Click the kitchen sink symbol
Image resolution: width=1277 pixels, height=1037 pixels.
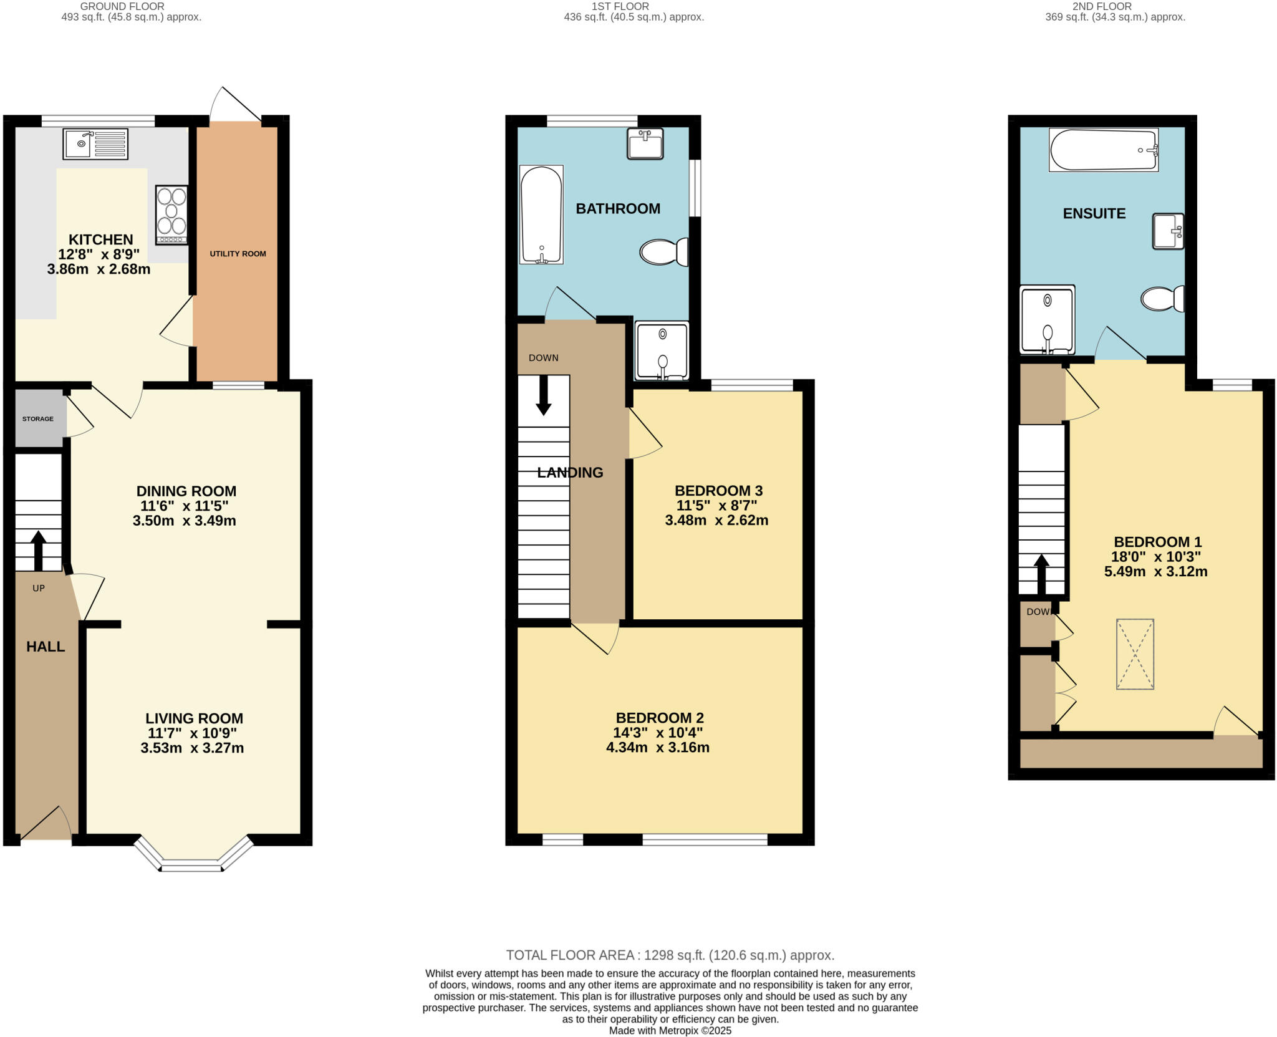(x=95, y=144)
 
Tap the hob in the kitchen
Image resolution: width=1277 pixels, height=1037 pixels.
(x=171, y=215)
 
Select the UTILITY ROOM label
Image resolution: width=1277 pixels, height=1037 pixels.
(x=238, y=254)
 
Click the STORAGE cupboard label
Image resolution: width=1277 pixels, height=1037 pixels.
(x=38, y=419)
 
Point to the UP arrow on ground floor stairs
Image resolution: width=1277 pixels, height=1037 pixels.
(x=39, y=549)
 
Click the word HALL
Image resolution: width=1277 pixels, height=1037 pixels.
(x=46, y=647)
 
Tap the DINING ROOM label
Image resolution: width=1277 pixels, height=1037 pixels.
(x=186, y=491)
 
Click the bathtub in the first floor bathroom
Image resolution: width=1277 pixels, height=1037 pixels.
(x=541, y=215)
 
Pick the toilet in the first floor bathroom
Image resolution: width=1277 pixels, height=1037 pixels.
(x=663, y=253)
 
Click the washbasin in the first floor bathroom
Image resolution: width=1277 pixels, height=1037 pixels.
(x=645, y=144)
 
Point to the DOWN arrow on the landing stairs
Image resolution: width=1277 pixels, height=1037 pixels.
(x=544, y=395)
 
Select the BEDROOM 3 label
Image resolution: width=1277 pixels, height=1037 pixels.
(x=718, y=491)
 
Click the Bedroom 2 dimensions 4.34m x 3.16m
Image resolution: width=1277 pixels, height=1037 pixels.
(x=657, y=748)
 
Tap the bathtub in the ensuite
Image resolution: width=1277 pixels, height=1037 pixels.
(x=1103, y=150)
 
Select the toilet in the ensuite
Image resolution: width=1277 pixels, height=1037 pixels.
(x=1162, y=299)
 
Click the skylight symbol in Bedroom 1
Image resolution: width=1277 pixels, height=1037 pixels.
(x=1135, y=654)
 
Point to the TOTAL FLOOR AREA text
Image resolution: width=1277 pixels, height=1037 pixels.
(x=670, y=955)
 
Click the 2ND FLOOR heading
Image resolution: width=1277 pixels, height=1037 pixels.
(x=1115, y=6)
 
